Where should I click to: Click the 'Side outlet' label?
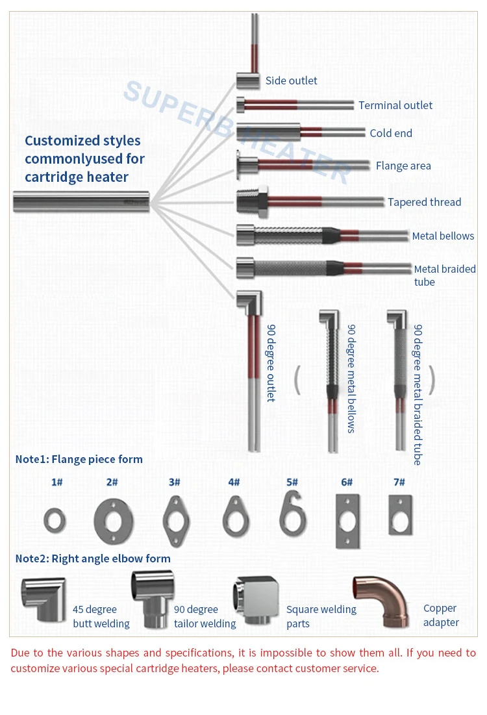click(291, 81)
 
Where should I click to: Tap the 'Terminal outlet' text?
click(395, 105)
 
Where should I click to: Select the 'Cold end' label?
click(391, 133)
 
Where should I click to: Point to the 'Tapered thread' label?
click(424, 202)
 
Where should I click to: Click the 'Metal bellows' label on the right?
click(443, 236)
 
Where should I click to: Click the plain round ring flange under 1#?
click(55, 521)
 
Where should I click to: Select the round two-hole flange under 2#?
click(114, 521)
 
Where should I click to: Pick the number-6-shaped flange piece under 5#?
click(293, 514)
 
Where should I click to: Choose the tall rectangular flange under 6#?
click(347, 521)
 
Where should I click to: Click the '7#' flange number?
click(399, 483)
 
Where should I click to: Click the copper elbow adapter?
click(381, 601)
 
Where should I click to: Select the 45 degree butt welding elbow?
click(44, 599)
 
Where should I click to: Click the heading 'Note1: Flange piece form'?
click(79, 459)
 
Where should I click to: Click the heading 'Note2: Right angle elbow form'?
click(93, 558)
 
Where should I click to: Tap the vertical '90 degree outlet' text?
click(271, 363)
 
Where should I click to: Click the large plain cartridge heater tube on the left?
click(81, 202)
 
